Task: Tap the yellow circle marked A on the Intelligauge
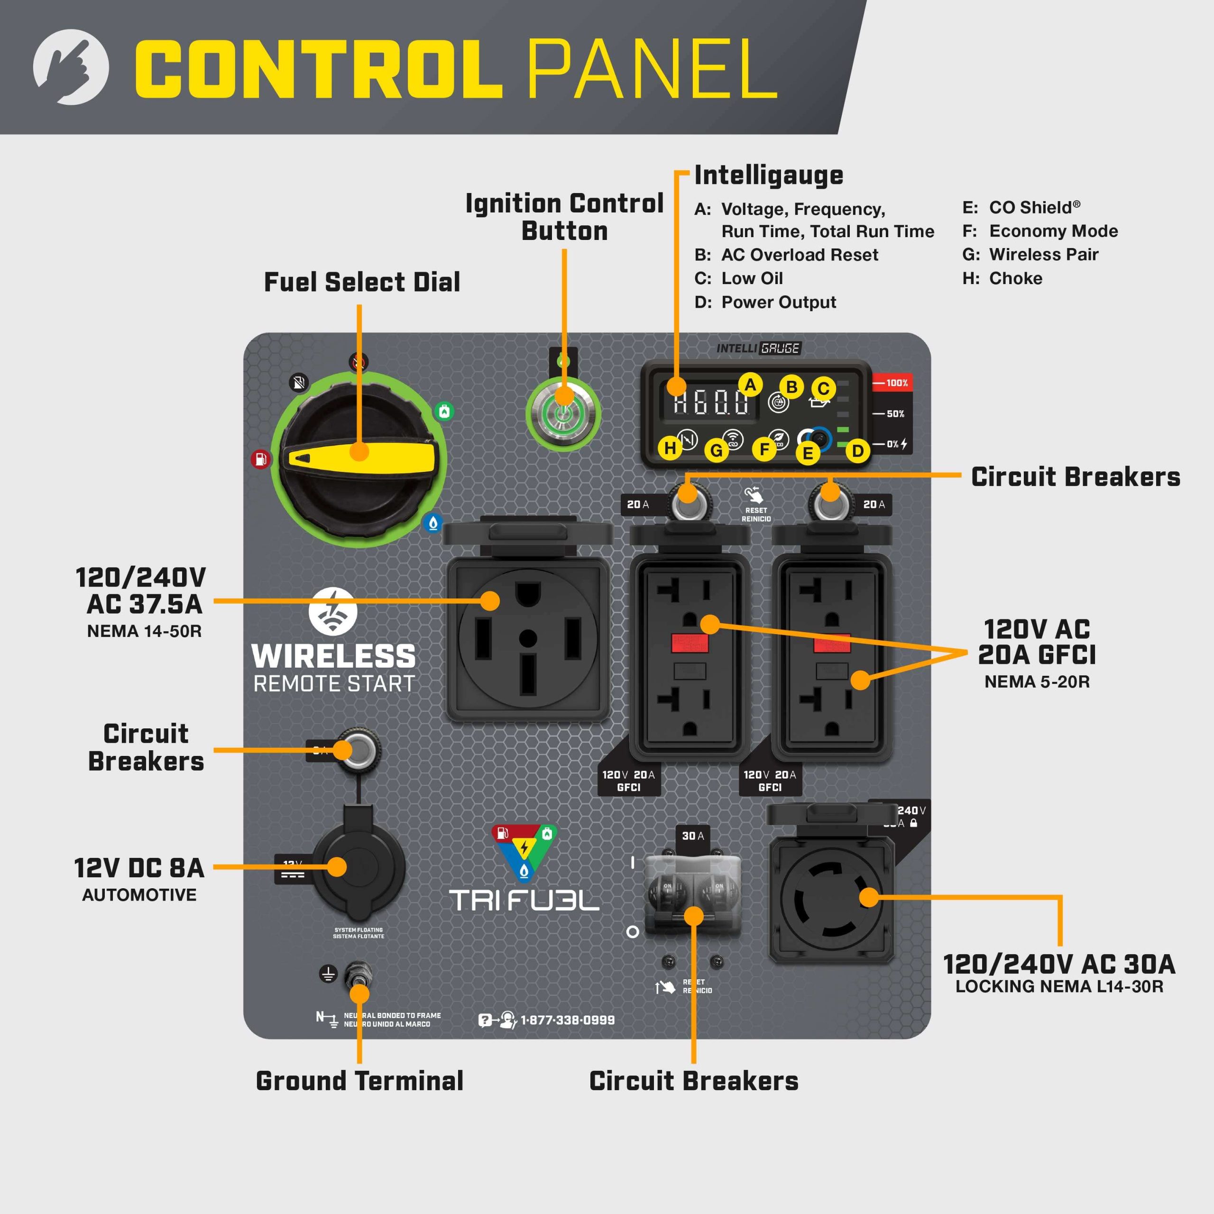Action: (750, 385)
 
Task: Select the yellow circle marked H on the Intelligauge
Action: (670, 448)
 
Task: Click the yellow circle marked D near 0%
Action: (857, 450)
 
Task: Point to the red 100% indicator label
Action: (891, 383)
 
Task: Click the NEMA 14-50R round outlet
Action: (528, 638)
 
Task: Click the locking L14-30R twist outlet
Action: (831, 900)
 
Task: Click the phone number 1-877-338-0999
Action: (567, 1020)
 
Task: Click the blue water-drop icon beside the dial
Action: (433, 522)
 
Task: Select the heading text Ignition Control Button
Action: (564, 217)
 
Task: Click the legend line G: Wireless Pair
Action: (1030, 255)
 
